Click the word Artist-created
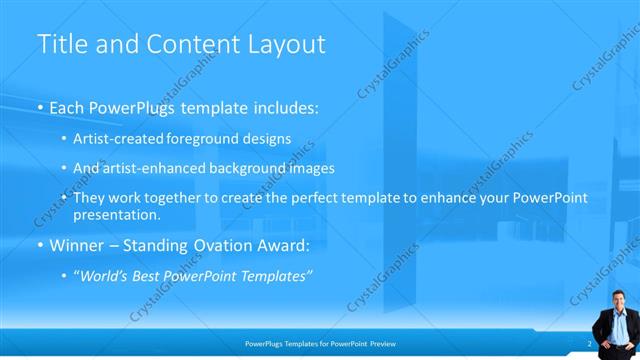coord(117,140)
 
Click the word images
coord(312,168)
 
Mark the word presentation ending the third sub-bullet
coord(116,214)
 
